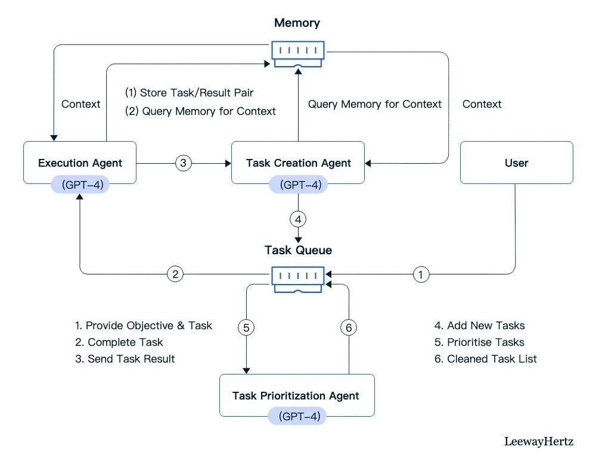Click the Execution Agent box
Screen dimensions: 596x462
pos(80,163)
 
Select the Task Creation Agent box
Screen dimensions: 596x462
pos(298,163)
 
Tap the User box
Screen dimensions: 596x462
pos(517,163)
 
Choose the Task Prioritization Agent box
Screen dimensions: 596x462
pos(297,395)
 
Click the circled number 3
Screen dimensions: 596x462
pos(183,163)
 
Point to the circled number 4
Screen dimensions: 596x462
pos(298,219)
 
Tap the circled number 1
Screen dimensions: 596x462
pos(421,274)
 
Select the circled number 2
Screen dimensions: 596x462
pos(175,274)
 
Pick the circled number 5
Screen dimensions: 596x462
pos(246,327)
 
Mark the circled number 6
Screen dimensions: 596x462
pos(349,327)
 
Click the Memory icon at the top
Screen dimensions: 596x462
pos(298,54)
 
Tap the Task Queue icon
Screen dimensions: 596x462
pos(298,279)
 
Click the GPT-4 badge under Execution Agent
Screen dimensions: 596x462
pos(80,185)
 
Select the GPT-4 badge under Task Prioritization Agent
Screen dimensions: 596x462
pos(297,416)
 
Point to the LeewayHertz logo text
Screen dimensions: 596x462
pos(539,442)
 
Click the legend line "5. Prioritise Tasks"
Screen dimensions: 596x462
pos(479,342)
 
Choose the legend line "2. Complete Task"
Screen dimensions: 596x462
pos(119,342)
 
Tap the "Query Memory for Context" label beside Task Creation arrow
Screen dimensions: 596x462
pos(375,104)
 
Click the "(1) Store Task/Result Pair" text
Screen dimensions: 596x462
pos(190,93)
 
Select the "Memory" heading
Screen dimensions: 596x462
pos(297,23)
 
